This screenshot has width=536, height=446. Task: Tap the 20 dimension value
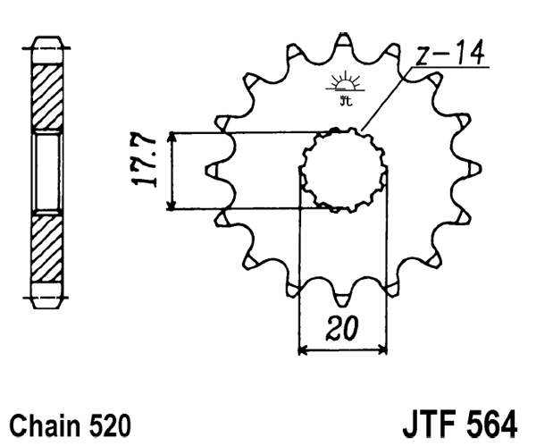coord(341,329)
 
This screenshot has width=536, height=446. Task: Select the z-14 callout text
coord(452,55)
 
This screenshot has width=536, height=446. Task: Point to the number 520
coord(110,423)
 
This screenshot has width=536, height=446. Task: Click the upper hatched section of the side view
coord(47,97)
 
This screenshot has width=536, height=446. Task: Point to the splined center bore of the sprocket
coord(343,170)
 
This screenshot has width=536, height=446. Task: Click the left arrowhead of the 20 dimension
coord(302,348)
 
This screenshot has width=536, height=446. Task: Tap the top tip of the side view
coord(47,40)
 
